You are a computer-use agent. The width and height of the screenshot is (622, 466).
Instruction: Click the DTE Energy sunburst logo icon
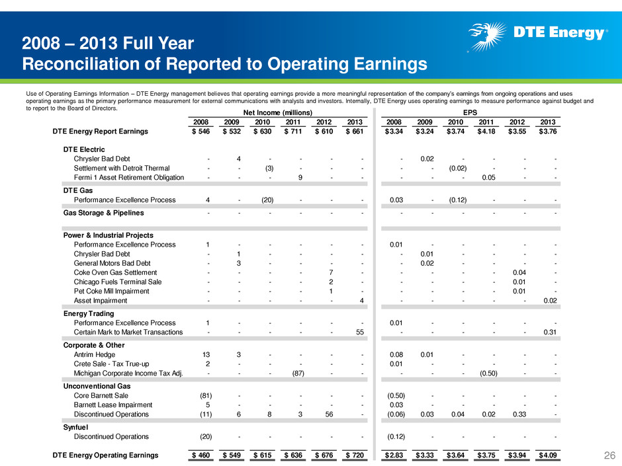pyautogui.click(x=487, y=36)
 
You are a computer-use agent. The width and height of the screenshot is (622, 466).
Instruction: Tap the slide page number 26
pyautogui.click(x=609, y=455)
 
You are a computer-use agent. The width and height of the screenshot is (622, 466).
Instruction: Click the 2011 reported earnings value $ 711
pyautogui.click(x=293, y=131)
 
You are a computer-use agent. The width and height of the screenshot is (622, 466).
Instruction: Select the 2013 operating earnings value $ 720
pyautogui.click(x=355, y=455)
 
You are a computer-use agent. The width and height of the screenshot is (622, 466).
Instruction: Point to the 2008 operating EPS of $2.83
pyautogui.click(x=394, y=455)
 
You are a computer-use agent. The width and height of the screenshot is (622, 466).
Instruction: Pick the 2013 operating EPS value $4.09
pyautogui.click(x=547, y=455)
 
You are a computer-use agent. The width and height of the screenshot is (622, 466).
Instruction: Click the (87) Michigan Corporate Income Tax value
pyautogui.click(x=298, y=373)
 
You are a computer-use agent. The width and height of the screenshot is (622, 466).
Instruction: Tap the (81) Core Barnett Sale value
pyautogui.click(x=206, y=395)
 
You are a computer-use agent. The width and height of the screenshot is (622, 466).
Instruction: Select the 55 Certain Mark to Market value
pyautogui.click(x=360, y=332)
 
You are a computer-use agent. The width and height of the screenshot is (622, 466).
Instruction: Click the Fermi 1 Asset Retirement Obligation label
pyautogui.click(x=129, y=178)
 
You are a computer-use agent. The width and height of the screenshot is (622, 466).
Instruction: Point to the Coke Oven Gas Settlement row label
pyautogui.click(x=115, y=272)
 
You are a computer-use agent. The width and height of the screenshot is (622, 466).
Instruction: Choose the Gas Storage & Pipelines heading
pyautogui.click(x=103, y=213)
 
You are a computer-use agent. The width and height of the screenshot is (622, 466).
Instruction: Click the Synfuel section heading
pyautogui.click(x=76, y=427)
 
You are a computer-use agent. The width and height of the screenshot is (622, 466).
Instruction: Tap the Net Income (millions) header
pyautogui.click(x=278, y=112)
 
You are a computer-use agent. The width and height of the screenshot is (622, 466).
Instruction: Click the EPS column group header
pyautogui.click(x=470, y=112)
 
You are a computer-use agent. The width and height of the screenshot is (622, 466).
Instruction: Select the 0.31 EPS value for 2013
pyautogui.click(x=550, y=332)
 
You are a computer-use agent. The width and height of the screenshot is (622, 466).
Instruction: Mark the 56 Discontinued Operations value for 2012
pyautogui.click(x=329, y=414)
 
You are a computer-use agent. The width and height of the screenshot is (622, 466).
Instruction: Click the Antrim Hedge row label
pyautogui.click(x=95, y=355)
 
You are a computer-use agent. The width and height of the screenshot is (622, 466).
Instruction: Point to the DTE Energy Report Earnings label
pyautogui.click(x=101, y=131)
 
